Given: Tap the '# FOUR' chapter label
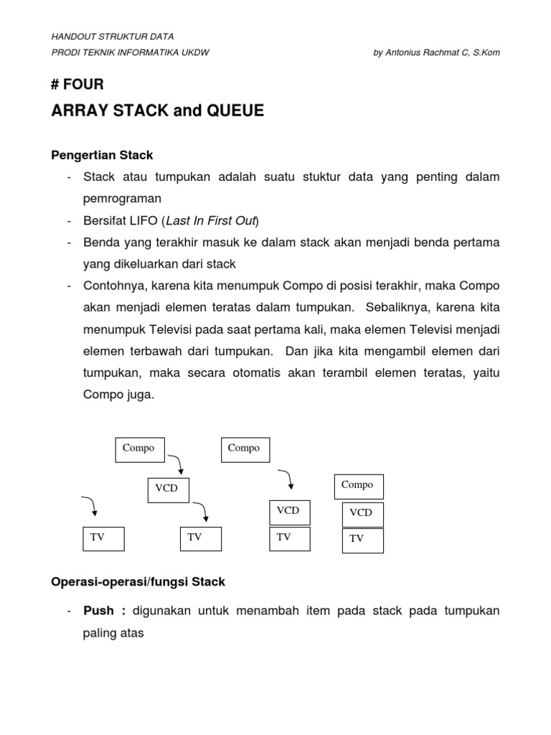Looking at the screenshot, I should [77, 85].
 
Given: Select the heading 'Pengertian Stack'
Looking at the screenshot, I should [101, 154].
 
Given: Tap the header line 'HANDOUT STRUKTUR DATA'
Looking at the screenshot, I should [113, 37].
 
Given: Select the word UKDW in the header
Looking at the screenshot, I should [194, 53].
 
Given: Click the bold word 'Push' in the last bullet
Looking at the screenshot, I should [99, 612].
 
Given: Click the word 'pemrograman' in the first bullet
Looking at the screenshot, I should [121, 197].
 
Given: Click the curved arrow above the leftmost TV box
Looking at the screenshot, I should [90, 506].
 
